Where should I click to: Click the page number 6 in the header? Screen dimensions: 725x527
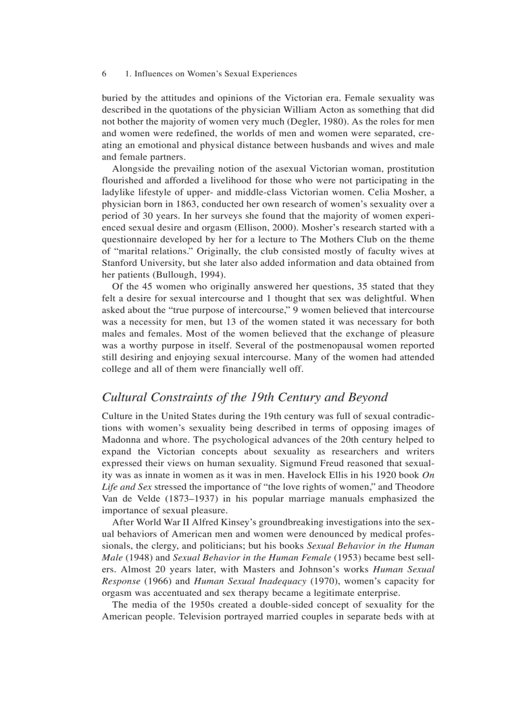point(104,74)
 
